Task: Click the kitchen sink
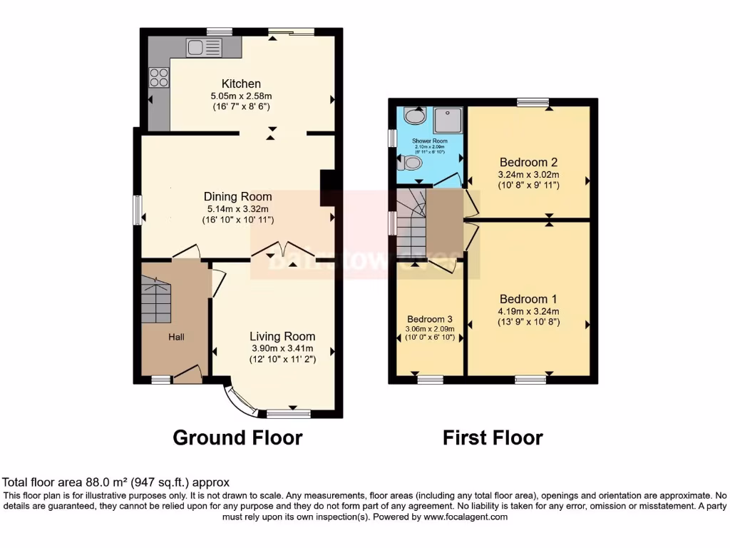point(204,48)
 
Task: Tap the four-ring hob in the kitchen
point(159,76)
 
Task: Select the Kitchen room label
point(241,83)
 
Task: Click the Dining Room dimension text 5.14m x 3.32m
point(237,208)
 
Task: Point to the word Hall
point(176,336)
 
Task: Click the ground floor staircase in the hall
point(157,299)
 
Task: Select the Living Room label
point(282,336)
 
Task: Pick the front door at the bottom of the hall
point(188,374)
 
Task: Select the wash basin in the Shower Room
point(413,116)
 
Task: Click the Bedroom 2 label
point(529,161)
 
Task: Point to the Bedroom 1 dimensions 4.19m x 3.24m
point(528,310)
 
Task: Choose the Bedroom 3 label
point(430,319)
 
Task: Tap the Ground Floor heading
point(237,437)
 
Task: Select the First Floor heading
point(493,437)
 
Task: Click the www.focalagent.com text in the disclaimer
point(467,517)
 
